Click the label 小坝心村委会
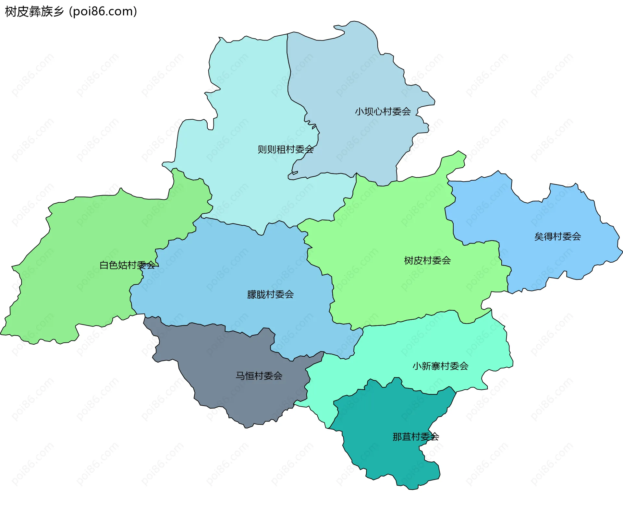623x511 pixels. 383,112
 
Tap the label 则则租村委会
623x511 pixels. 286,149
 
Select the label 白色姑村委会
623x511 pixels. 127,265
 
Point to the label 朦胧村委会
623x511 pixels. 270,294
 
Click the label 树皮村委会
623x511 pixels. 427,260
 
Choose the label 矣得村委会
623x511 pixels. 557,236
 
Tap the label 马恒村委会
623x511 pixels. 259,376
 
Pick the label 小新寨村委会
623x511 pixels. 440,366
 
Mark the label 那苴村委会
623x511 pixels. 416,437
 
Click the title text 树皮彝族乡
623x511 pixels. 34,12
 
